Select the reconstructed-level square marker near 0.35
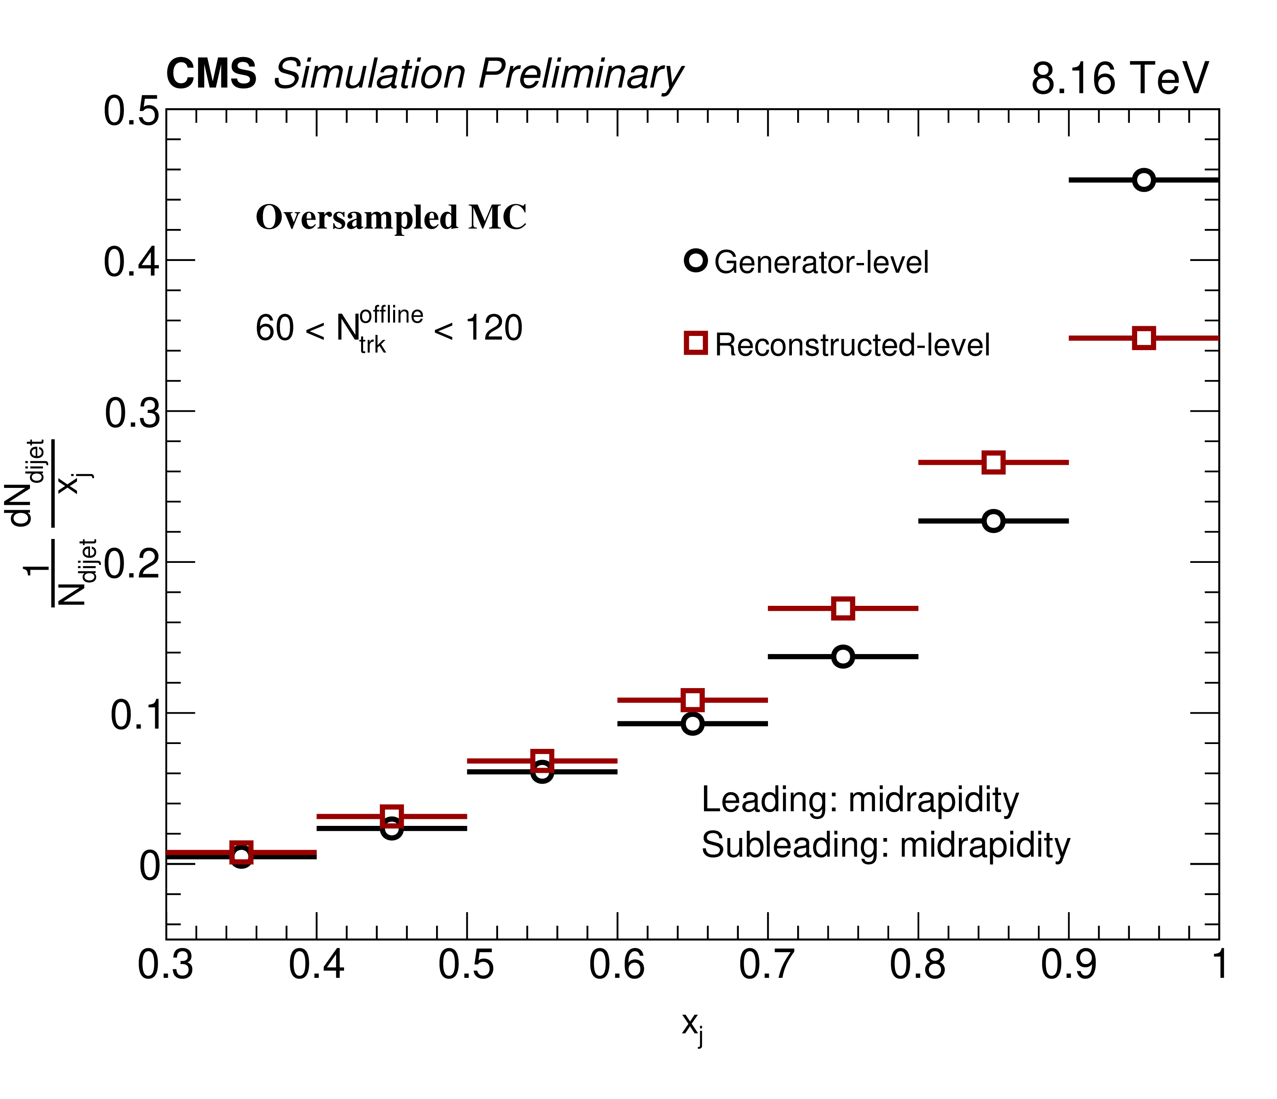click(241, 853)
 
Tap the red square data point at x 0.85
click(993, 462)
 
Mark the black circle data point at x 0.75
click(843, 656)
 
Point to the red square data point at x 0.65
click(693, 699)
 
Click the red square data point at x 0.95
click(1144, 338)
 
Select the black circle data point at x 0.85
click(993, 521)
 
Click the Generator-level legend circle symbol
click(696, 261)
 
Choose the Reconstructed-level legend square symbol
click(696, 343)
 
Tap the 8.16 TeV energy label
click(1120, 79)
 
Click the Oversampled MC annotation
click(391, 218)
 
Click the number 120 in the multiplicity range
click(494, 327)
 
